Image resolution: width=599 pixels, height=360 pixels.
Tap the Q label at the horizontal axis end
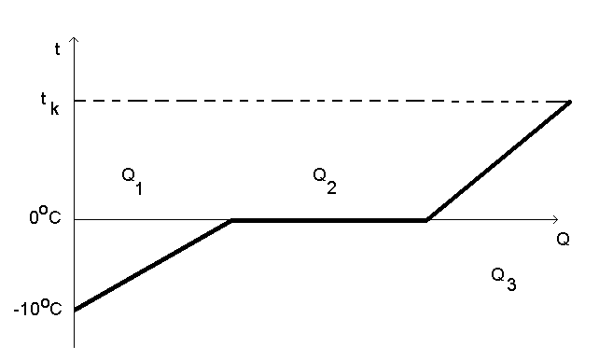tap(564, 239)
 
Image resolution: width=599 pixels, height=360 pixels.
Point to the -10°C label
tap(38, 309)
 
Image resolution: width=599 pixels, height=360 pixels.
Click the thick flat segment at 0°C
tap(327, 221)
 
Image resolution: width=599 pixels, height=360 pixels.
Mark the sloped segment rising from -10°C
tap(154, 265)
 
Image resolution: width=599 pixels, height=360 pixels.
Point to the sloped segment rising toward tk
tap(499, 160)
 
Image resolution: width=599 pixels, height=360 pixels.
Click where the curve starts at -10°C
tap(75, 310)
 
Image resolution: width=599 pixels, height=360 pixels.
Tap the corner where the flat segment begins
tap(232, 221)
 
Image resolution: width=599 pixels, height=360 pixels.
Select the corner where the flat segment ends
tap(426, 221)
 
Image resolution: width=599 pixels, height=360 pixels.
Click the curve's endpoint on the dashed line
tap(571, 101)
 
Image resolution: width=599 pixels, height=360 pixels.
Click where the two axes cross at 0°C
tap(74, 221)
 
